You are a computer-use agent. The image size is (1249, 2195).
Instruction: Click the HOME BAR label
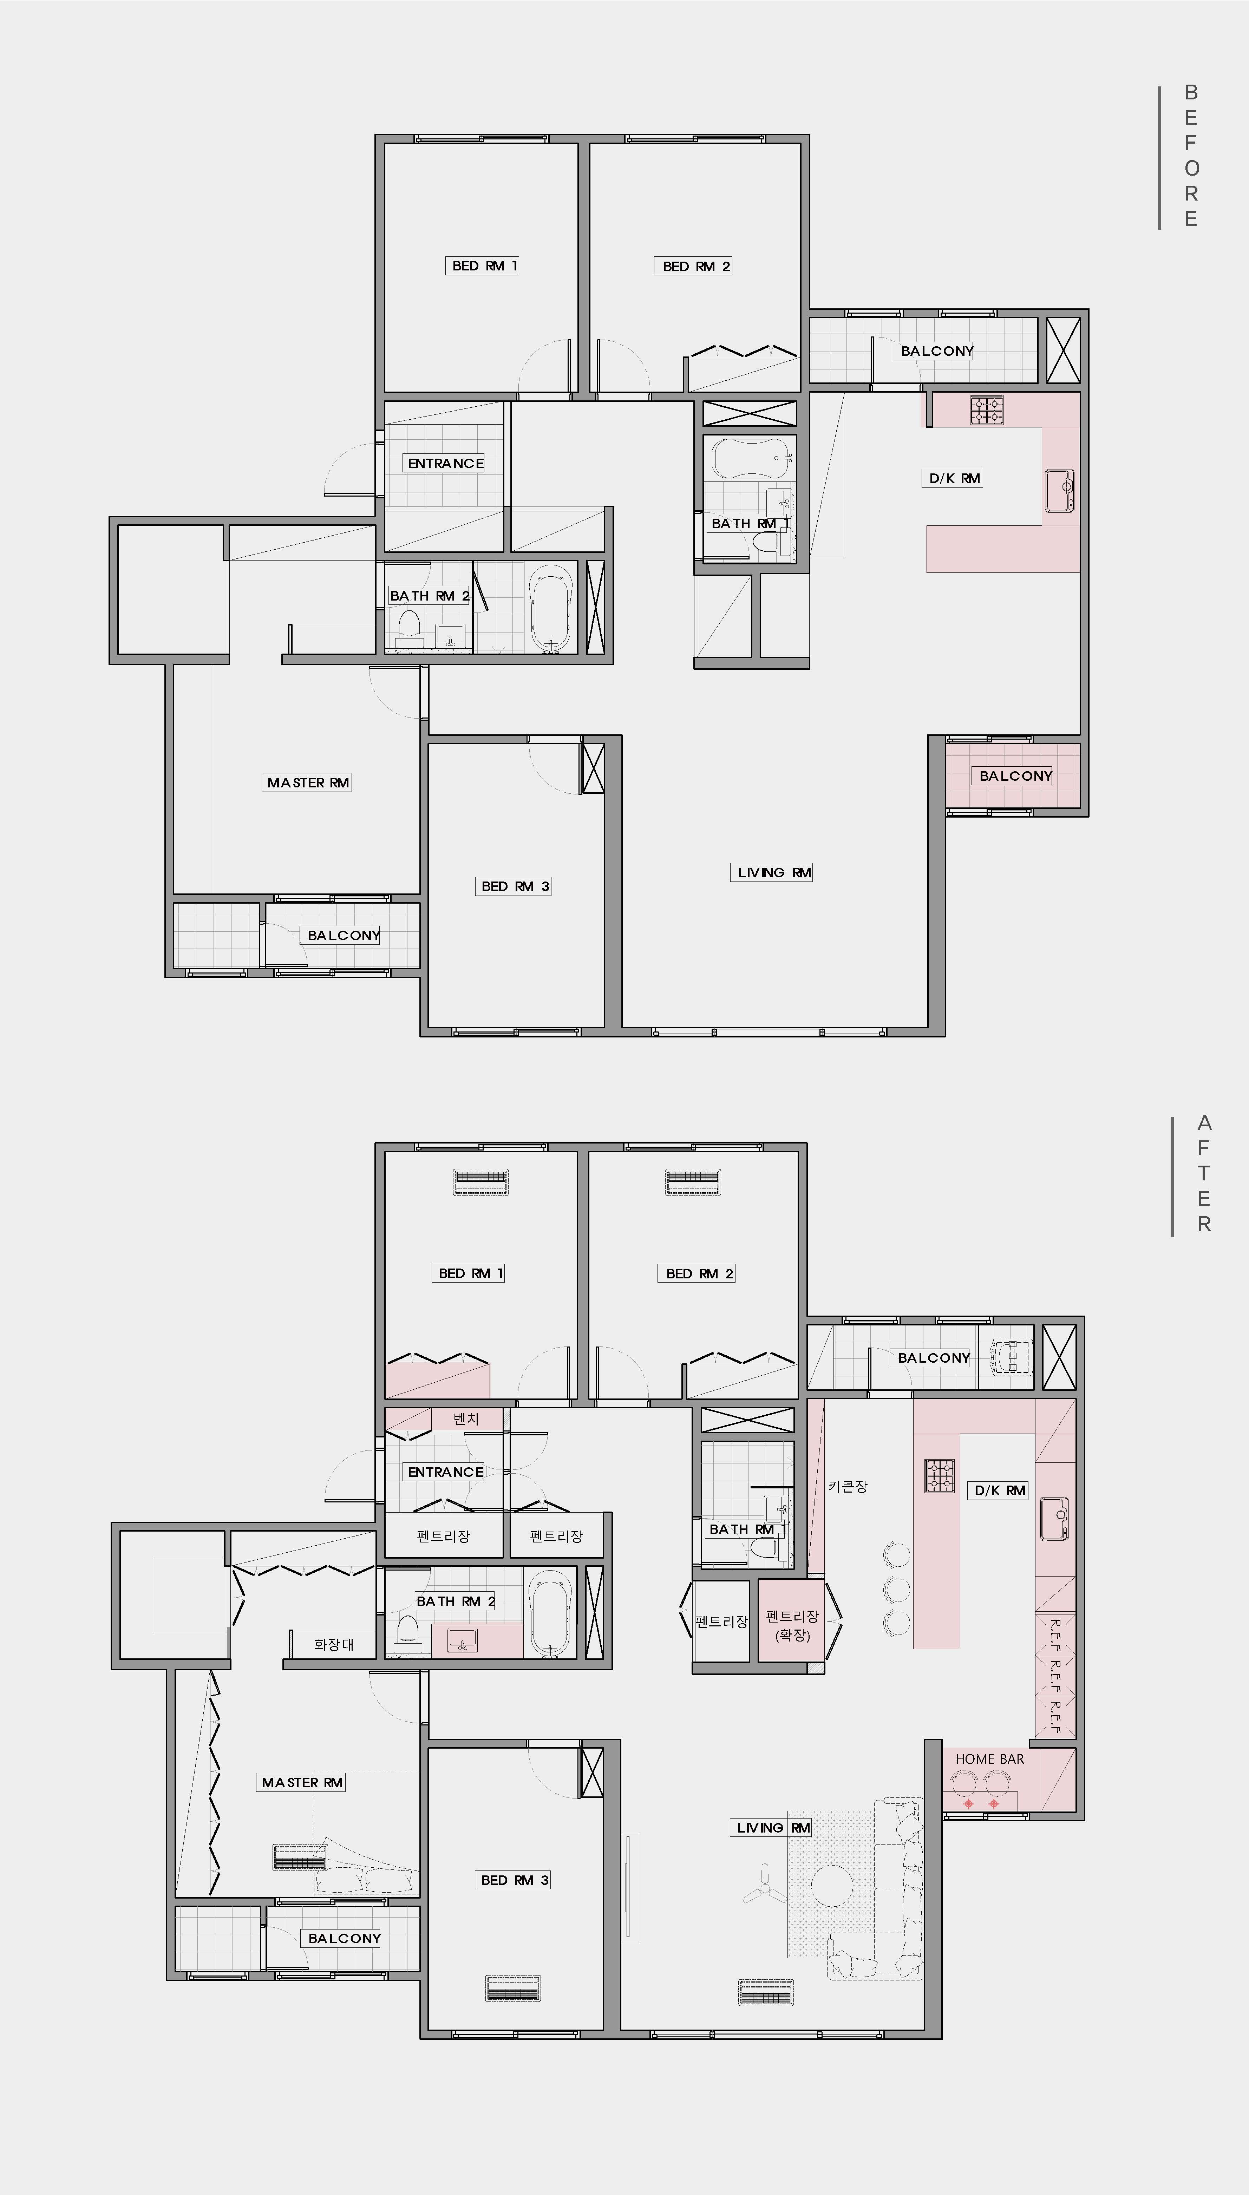point(989,1758)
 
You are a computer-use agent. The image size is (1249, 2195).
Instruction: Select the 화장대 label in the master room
point(334,1644)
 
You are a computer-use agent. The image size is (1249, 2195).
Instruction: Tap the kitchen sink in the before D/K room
point(1059,491)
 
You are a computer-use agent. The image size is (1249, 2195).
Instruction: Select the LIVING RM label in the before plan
point(774,872)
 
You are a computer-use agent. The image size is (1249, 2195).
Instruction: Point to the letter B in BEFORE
point(1191,92)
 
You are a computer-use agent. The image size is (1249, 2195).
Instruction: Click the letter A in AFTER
point(1204,1123)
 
